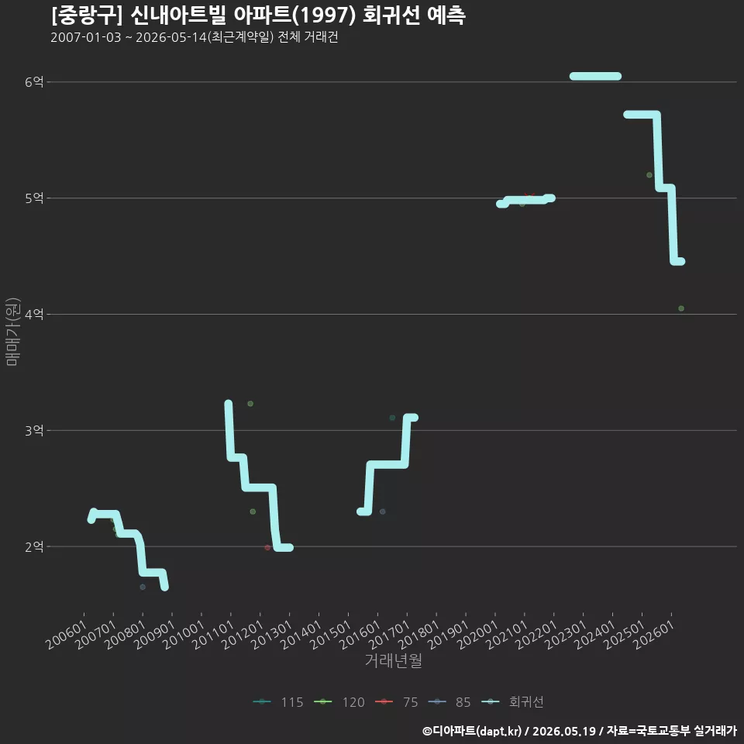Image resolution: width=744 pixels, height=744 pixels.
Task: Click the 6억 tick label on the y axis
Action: (x=34, y=82)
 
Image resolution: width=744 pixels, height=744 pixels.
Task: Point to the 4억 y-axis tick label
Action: (x=34, y=314)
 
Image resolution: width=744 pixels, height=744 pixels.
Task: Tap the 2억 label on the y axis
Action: (x=34, y=546)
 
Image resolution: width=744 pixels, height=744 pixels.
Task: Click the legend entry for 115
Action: (x=278, y=702)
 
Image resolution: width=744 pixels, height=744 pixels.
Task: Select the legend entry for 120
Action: (x=339, y=702)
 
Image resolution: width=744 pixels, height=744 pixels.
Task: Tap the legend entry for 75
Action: (x=397, y=702)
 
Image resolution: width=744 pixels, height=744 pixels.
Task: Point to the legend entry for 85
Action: (x=449, y=702)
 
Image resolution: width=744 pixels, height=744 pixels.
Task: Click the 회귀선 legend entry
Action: (x=512, y=702)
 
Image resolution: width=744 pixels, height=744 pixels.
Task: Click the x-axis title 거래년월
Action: (x=394, y=660)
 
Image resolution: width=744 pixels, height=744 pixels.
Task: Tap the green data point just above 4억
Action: (x=681, y=308)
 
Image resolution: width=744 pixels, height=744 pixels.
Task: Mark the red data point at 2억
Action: (x=267, y=548)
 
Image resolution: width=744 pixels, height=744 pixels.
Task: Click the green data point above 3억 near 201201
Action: (x=250, y=404)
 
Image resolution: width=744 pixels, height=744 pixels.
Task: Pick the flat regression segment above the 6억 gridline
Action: (x=595, y=77)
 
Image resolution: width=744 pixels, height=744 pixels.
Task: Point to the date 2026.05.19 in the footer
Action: (x=564, y=731)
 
